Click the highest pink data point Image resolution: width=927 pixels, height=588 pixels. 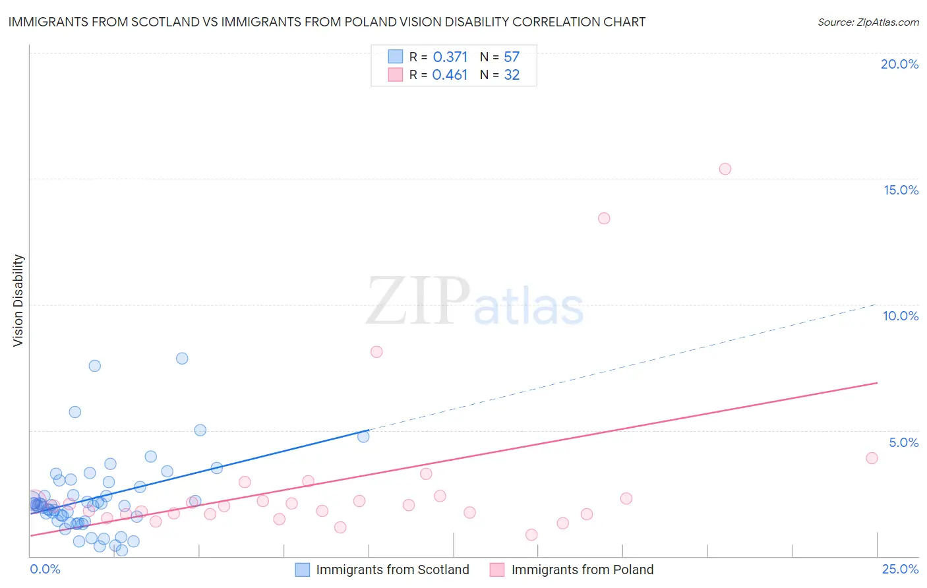click(x=725, y=169)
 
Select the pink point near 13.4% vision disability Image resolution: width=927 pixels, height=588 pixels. click(x=604, y=218)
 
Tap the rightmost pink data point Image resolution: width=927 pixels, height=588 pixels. click(x=872, y=458)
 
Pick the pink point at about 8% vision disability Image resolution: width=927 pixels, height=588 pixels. click(x=376, y=352)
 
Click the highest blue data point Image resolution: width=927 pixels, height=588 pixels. click(x=182, y=359)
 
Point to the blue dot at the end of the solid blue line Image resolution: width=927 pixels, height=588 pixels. click(x=363, y=436)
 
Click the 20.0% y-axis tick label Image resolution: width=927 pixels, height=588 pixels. click(x=899, y=64)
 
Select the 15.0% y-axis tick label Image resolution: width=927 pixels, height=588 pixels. click(x=901, y=190)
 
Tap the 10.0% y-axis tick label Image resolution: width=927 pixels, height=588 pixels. click(x=901, y=316)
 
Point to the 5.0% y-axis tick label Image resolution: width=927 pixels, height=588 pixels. click(x=903, y=442)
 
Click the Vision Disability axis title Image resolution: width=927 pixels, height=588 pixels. click(x=18, y=301)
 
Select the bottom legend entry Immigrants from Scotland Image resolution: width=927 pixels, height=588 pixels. click(x=392, y=570)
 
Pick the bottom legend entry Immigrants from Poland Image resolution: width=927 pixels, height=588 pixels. click(x=582, y=570)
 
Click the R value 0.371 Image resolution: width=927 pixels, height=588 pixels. click(x=450, y=57)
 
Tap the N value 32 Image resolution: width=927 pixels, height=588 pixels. click(x=512, y=75)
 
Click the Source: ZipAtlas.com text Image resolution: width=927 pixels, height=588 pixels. click(x=868, y=22)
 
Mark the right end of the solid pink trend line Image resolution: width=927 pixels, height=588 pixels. click(x=878, y=382)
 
